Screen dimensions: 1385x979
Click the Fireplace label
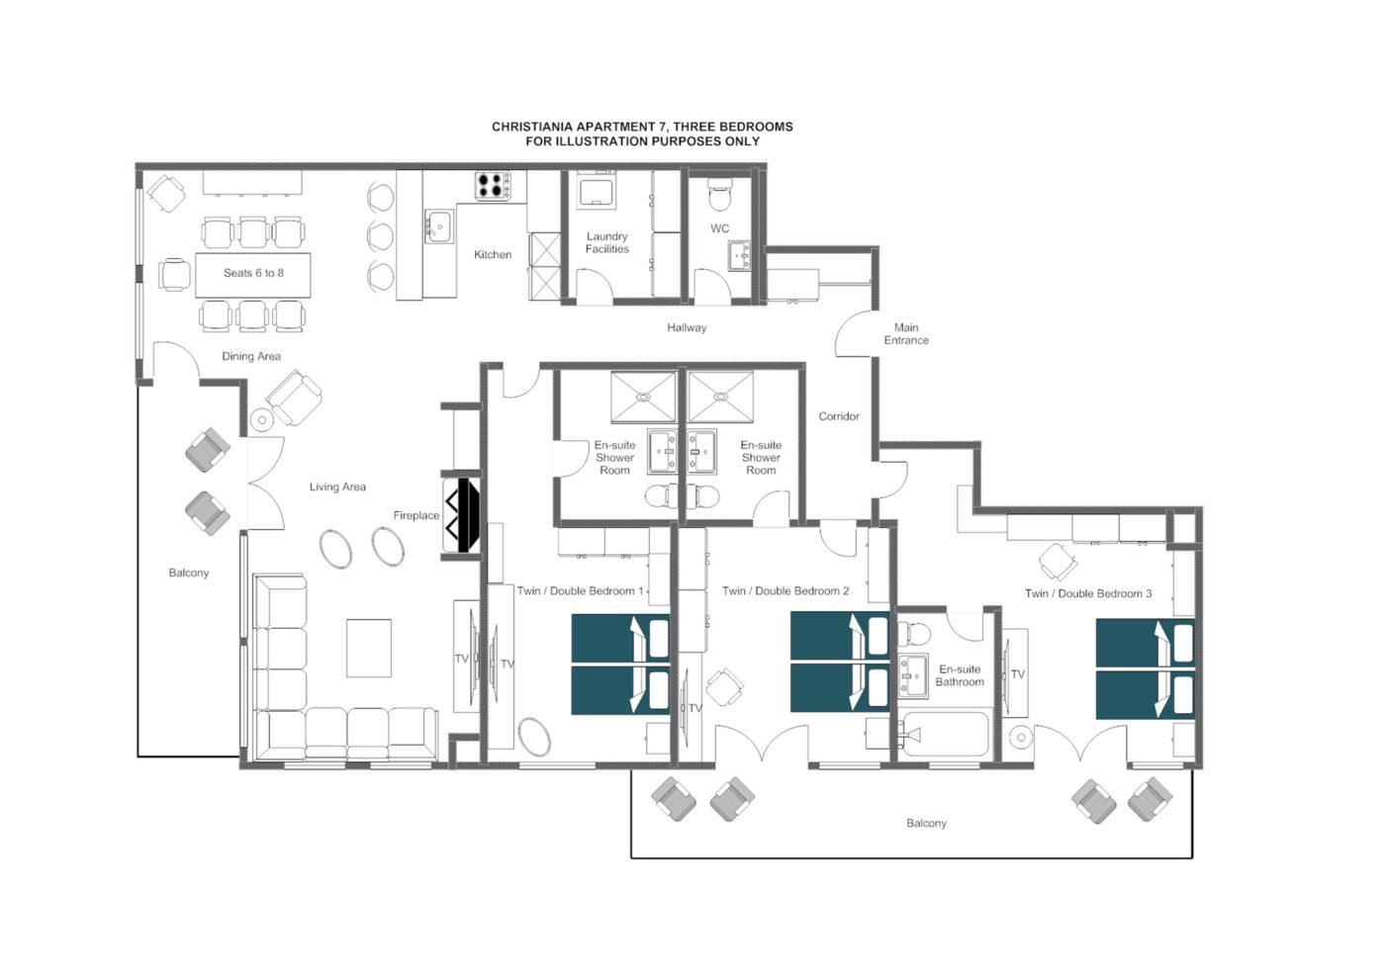(x=416, y=515)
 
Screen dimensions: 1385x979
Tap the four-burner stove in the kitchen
(x=493, y=186)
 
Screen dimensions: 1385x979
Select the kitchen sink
(x=439, y=225)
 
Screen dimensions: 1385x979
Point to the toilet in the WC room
(x=720, y=194)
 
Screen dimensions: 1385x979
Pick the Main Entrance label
(x=906, y=334)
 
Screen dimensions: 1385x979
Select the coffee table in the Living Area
(x=368, y=649)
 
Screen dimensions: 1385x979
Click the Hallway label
(x=687, y=327)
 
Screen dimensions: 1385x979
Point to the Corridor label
(x=839, y=416)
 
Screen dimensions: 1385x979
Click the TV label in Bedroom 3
(x=1018, y=674)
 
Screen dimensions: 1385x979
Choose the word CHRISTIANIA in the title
(x=533, y=127)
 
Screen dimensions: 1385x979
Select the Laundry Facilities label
(x=606, y=243)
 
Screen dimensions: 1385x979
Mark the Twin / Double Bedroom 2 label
(x=785, y=591)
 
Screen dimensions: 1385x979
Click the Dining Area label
(x=251, y=357)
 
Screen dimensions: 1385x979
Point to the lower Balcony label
(x=926, y=823)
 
